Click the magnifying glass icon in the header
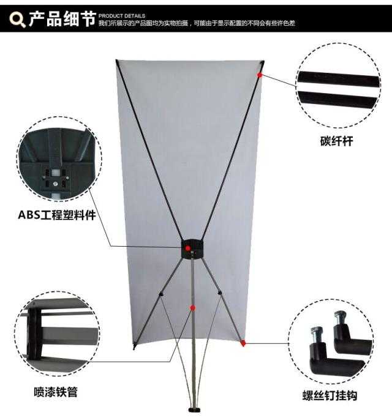click(17, 20)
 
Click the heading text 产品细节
click(62, 19)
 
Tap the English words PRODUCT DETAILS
click(122, 15)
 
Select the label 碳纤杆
click(336, 141)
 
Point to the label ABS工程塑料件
click(57, 215)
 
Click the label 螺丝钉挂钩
click(330, 395)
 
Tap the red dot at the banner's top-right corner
click(260, 75)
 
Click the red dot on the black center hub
click(188, 248)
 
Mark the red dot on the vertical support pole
click(193, 308)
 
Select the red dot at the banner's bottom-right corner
click(243, 343)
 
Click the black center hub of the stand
click(192, 249)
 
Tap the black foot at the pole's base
click(195, 409)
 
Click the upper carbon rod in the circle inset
click(338, 79)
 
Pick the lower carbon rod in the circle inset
click(337, 99)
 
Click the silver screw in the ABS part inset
click(55, 184)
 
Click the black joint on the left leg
click(161, 294)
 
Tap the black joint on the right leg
click(220, 293)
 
